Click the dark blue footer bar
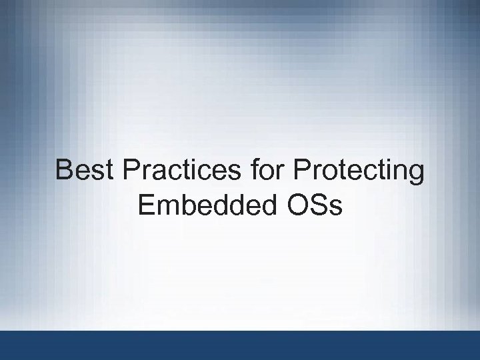point(240,345)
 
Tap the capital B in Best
point(65,171)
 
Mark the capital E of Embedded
point(146,205)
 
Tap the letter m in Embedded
point(167,206)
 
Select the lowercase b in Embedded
point(188,205)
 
